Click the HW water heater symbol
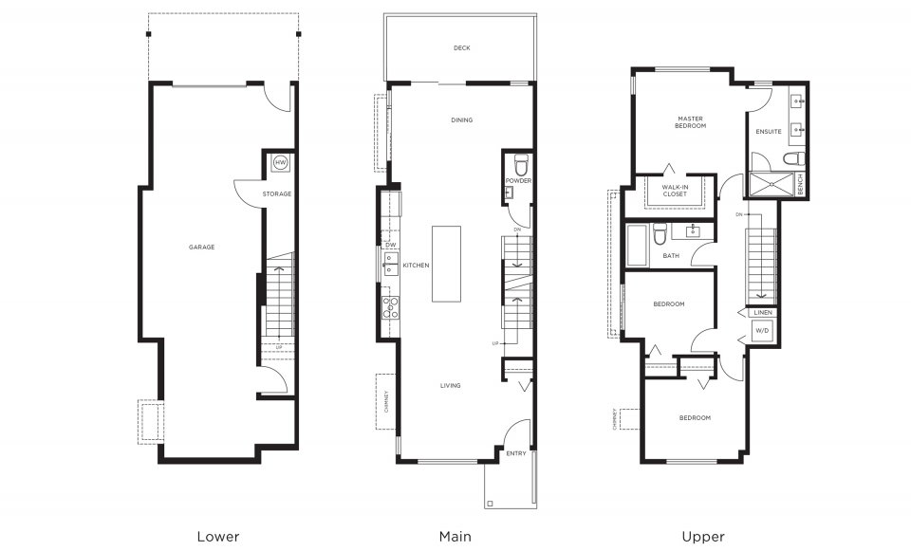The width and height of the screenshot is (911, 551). point(280,163)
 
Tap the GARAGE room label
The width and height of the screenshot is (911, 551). point(201,248)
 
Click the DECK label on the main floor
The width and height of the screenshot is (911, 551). point(461,48)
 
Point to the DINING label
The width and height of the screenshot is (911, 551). point(461,120)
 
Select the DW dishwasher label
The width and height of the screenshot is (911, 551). point(390,245)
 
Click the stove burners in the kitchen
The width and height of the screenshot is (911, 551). point(389,305)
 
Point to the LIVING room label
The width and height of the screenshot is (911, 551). point(450,386)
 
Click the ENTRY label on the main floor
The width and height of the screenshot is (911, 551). point(515,454)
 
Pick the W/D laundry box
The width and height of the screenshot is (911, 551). point(762,331)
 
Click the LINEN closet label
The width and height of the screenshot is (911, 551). point(763,312)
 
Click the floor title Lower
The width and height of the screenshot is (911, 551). point(217,536)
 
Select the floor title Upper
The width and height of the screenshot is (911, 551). point(703,536)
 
